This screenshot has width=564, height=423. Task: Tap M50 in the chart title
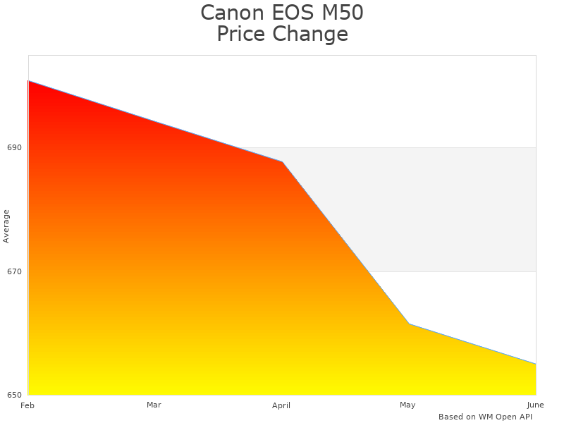click(x=344, y=13)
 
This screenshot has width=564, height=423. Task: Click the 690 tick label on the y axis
click(x=15, y=148)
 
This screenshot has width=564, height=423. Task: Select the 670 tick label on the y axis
click(x=15, y=271)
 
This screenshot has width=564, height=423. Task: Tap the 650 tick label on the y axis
click(x=15, y=395)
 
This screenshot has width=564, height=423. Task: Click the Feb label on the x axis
click(x=27, y=405)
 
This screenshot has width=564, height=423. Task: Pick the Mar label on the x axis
click(x=154, y=405)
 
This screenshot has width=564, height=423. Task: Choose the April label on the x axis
click(x=281, y=405)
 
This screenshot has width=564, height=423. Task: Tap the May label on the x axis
click(x=407, y=405)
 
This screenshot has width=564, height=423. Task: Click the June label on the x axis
click(x=535, y=405)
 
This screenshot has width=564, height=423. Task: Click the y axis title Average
click(x=6, y=226)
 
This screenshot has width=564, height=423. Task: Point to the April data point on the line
click(x=283, y=162)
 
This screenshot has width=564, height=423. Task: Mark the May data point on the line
click(x=409, y=324)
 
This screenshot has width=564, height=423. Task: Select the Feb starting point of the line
click(x=28, y=81)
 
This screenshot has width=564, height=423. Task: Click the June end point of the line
click(x=536, y=364)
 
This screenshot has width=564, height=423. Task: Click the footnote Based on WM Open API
click(x=485, y=417)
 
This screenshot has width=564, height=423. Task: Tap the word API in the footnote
click(x=525, y=417)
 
